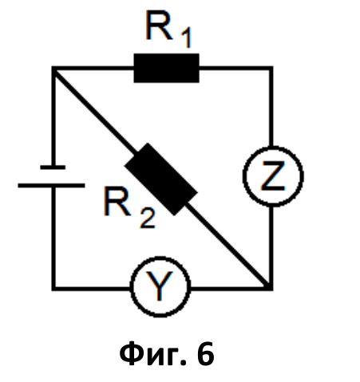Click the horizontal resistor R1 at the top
pyautogui.click(x=166, y=68)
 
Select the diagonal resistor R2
pyautogui.click(x=161, y=179)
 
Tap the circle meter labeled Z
pyautogui.click(x=273, y=176)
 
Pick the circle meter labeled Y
pyautogui.click(x=160, y=286)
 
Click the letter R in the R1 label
pyautogui.click(x=159, y=26)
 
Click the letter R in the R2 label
pyautogui.click(x=117, y=201)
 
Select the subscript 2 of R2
pyautogui.click(x=148, y=218)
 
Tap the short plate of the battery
pyautogui.click(x=53, y=167)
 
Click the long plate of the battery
pyautogui.click(x=51, y=186)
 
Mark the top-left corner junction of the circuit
pyautogui.click(x=53, y=69)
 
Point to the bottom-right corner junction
pyautogui.click(x=271, y=288)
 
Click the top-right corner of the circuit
pyautogui.click(x=271, y=69)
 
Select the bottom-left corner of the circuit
pyautogui.click(x=53, y=289)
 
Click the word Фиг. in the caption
pyautogui.click(x=153, y=354)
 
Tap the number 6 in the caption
pyautogui.click(x=206, y=353)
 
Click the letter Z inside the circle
pyautogui.click(x=273, y=176)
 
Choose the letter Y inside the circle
pyautogui.click(x=160, y=286)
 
